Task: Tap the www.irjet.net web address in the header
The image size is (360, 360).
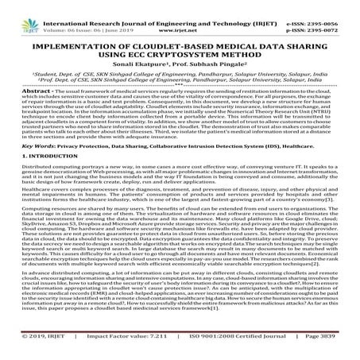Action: (180, 15)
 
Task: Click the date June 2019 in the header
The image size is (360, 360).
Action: (90, 15)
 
